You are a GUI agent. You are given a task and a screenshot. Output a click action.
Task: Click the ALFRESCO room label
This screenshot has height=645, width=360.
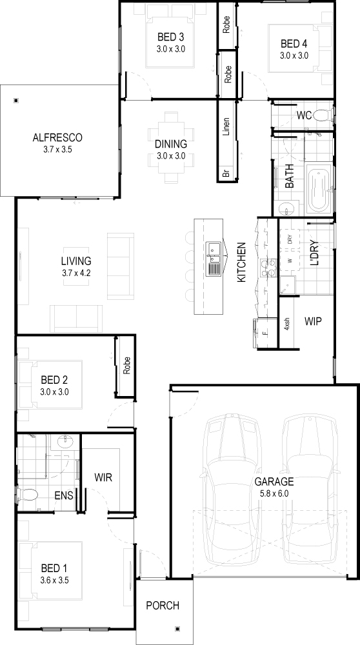click(57, 137)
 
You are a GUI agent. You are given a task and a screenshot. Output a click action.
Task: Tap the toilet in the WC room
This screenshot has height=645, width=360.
click(323, 115)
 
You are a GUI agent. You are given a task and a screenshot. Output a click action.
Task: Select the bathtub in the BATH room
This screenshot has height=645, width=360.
click(319, 189)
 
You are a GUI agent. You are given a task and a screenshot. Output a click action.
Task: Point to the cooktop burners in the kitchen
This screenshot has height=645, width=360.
click(268, 268)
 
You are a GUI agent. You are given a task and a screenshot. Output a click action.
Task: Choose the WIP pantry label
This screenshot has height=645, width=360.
click(313, 321)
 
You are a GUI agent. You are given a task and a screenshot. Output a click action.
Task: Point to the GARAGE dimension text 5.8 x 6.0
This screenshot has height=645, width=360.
click(274, 493)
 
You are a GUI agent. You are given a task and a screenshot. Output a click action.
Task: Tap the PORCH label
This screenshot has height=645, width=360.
click(163, 606)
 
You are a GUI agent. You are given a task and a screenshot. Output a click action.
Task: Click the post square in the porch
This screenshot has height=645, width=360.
click(177, 628)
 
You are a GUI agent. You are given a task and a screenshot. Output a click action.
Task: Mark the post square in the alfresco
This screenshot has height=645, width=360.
click(16, 100)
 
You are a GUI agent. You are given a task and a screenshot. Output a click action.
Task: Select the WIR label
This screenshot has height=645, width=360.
click(103, 477)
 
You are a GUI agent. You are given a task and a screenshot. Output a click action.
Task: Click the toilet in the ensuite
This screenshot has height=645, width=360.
click(28, 493)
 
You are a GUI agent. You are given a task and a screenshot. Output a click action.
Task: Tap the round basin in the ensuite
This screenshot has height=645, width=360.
click(64, 442)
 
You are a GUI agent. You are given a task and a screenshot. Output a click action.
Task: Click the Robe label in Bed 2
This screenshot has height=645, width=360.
click(126, 365)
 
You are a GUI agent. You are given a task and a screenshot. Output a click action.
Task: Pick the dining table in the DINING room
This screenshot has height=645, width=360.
click(170, 148)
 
